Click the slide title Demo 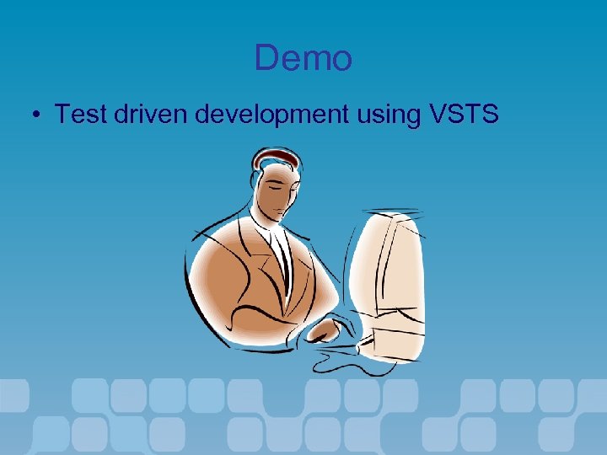point(303,58)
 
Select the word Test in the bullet point(78,114)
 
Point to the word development point(271,115)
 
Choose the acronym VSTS point(465,114)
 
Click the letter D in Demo point(266,58)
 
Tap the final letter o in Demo point(341,61)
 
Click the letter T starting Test point(62,114)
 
